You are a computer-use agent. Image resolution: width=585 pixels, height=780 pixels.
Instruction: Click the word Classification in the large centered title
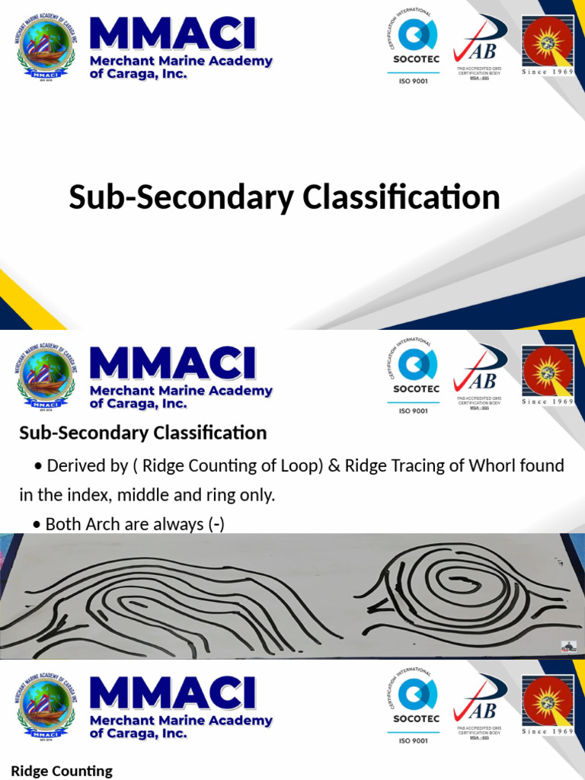click(401, 197)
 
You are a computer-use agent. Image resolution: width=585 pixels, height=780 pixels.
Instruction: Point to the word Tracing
click(382, 465)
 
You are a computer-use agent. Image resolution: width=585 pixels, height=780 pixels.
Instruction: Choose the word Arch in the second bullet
click(102, 524)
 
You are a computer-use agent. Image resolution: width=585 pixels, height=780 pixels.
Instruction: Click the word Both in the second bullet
click(62, 524)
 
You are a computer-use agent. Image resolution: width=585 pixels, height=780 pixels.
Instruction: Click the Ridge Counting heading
click(62, 771)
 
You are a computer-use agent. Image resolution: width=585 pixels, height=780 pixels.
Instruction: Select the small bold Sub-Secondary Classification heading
click(142, 433)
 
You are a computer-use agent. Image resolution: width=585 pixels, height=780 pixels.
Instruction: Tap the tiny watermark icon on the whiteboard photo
click(568, 647)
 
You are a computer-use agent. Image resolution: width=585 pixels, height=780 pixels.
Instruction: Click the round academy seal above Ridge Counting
click(47, 705)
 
